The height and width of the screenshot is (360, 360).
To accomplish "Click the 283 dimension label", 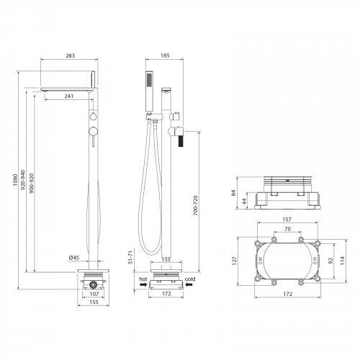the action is [x=70, y=55].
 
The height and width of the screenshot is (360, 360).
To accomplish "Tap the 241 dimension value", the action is [x=69, y=96].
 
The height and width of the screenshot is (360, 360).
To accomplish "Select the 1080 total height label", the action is [x=15, y=181].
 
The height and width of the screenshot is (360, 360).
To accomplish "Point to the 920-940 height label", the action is [x=23, y=180].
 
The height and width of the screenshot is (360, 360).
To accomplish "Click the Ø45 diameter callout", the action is [x=74, y=258].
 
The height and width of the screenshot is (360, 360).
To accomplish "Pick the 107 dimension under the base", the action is [x=94, y=294].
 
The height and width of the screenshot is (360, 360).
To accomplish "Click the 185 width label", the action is [x=165, y=55].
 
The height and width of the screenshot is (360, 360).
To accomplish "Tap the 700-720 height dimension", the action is [x=196, y=205].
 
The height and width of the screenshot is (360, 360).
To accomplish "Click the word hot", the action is [x=143, y=279].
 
